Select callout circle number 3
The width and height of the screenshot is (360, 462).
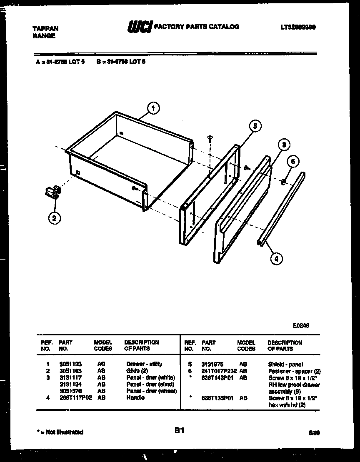pyautogui.click(x=283, y=145)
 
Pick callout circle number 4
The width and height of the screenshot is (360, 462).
pyautogui.click(x=275, y=258)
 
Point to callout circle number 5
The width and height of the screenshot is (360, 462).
pyautogui.click(x=255, y=125)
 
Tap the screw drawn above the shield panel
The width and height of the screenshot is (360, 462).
pyautogui.click(x=209, y=138)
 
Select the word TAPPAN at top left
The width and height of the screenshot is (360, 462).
pyautogui.click(x=45, y=29)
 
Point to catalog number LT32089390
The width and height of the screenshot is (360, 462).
pyautogui.click(x=297, y=27)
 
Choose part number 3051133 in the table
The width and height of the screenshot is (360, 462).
pyautogui.click(x=68, y=364)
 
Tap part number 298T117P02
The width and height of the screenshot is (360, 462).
pyautogui.click(x=75, y=398)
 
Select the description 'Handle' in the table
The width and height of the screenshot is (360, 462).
pyautogui.click(x=135, y=398)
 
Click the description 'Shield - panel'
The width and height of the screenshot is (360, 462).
pyautogui.click(x=285, y=364)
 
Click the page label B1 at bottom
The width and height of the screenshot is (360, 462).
pyautogui.click(x=180, y=431)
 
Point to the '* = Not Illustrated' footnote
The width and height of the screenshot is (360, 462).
pyautogui.click(x=59, y=432)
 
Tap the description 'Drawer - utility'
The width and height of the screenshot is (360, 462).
pyautogui.click(x=144, y=364)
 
